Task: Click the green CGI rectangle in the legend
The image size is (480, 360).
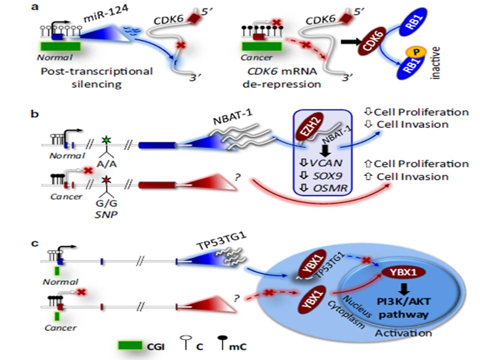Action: (x=131, y=345)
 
